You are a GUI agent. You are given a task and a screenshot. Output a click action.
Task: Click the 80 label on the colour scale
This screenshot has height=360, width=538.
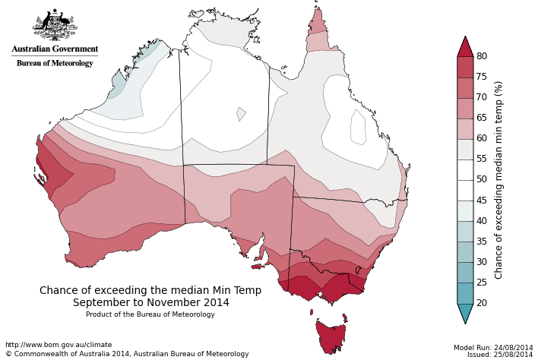482,56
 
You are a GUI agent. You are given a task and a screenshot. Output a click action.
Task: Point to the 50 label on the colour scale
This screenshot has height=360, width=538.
482,180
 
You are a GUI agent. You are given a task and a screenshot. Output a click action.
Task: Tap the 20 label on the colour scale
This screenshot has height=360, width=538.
482,303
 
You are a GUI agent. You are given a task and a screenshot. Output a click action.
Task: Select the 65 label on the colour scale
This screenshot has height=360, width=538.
482,118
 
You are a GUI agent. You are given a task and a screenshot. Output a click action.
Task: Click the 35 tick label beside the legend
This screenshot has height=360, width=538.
482,242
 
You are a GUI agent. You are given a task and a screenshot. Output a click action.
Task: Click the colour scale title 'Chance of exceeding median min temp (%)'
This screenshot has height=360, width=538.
499,180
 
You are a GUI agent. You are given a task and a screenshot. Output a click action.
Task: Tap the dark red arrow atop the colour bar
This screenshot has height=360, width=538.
465,47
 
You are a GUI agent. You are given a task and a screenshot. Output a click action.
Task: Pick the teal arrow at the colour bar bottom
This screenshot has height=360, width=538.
465,312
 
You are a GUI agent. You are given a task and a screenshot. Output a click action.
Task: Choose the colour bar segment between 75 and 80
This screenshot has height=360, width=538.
465,67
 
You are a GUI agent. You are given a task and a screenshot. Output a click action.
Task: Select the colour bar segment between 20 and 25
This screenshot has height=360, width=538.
465,293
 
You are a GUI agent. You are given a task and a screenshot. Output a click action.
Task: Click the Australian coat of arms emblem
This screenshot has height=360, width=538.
55,26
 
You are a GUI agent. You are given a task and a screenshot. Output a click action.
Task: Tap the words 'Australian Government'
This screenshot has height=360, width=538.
55,49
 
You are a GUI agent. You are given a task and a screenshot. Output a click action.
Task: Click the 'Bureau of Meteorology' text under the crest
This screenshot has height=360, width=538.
55,63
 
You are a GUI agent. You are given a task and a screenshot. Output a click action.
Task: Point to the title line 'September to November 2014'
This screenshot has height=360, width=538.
150,302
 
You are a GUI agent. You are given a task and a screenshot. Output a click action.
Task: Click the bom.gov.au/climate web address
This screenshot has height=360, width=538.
59,345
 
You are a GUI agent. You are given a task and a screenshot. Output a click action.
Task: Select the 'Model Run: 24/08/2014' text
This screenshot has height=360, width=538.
493,347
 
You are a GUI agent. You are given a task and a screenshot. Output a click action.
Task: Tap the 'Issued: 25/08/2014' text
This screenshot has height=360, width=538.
500,355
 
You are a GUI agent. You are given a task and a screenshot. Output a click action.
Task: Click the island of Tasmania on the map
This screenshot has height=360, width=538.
331,336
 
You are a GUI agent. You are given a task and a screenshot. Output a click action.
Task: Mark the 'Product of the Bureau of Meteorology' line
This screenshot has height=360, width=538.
150,314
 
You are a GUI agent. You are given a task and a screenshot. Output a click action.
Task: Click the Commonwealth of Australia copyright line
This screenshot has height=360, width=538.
127,354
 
